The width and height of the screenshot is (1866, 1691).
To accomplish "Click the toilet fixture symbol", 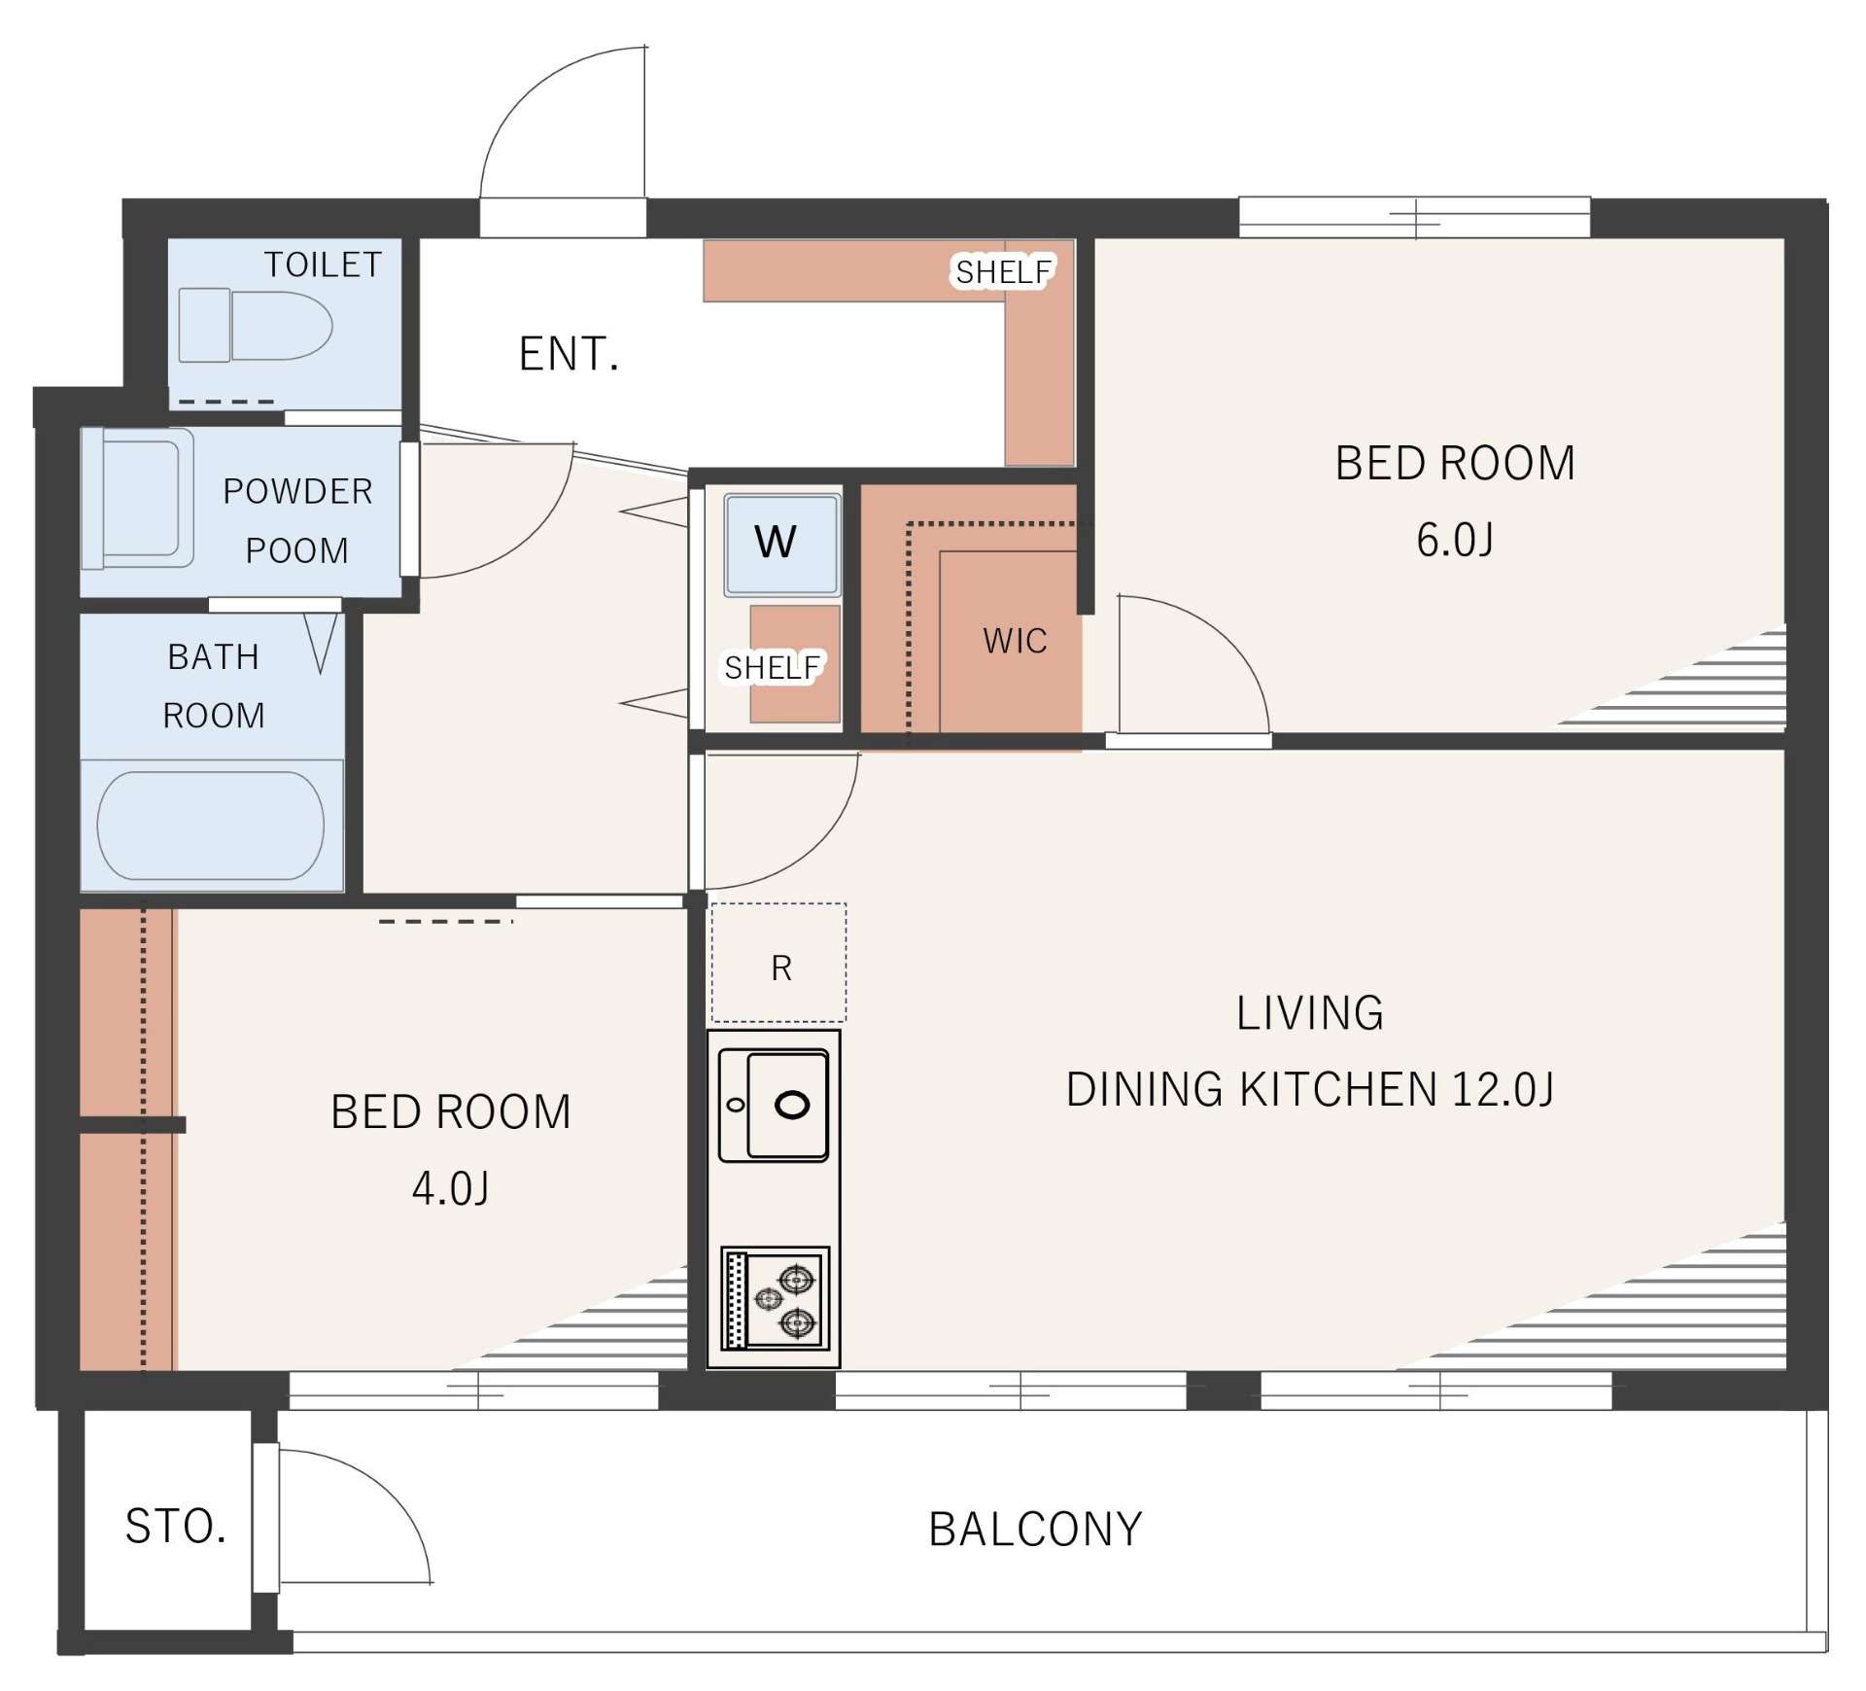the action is pyautogui.click(x=255, y=325).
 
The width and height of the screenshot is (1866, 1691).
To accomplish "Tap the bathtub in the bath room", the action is pyautogui.click(x=211, y=826).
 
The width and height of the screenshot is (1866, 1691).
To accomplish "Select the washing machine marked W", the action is pyautogui.click(x=781, y=545).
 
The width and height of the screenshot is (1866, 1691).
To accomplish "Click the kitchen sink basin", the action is pyautogui.click(x=774, y=1105).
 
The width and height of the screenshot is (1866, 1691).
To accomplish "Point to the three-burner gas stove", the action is pyautogui.click(x=776, y=1299).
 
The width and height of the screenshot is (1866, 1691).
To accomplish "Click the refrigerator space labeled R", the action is pyautogui.click(x=778, y=963).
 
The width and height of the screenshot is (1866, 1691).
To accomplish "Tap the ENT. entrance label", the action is pyautogui.click(x=569, y=354).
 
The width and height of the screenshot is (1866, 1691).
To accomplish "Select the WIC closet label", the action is pyautogui.click(x=1015, y=641).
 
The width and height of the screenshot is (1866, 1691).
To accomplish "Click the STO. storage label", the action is pyautogui.click(x=175, y=1527).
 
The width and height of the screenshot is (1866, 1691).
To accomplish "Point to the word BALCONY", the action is pyautogui.click(x=1035, y=1530).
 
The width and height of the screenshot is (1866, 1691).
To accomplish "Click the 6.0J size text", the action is pyautogui.click(x=1454, y=540).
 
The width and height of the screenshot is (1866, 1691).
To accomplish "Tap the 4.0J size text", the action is pyautogui.click(x=450, y=1188).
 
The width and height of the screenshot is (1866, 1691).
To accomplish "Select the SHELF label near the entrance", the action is pyautogui.click(x=1004, y=272).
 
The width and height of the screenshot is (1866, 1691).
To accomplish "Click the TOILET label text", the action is pyautogui.click(x=323, y=264).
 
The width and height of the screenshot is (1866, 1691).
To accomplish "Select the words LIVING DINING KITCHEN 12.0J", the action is pyautogui.click(x=1310, y=1051).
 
